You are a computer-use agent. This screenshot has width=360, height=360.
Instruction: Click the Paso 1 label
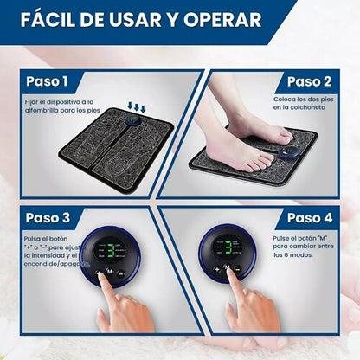48,81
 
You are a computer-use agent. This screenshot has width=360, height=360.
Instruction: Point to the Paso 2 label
309,81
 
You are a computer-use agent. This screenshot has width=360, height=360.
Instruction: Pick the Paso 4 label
309,217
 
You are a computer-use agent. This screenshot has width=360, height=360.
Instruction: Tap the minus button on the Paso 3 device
121,273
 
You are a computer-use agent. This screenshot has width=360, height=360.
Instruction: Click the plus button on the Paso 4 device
217,269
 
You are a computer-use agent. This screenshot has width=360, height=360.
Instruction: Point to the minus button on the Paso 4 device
237,269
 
